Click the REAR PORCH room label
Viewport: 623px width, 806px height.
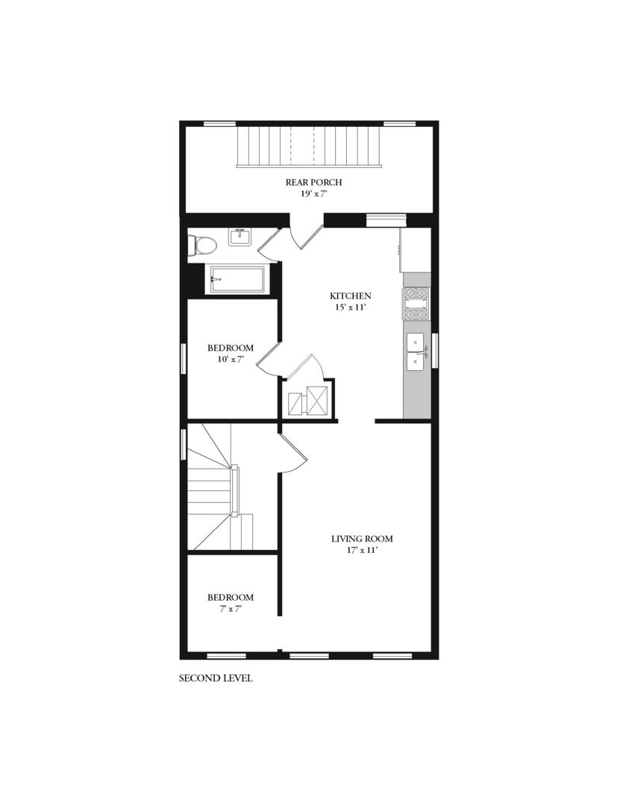tap(314, 182)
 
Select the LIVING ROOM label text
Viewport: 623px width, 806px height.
tap(362, 539)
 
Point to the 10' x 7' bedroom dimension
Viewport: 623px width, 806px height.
tap(230, 359)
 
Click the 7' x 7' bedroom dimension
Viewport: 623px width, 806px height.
tap(230, 609)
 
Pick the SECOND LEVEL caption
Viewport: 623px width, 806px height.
tap(216, 678)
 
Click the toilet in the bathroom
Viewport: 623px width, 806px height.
tap(202, 245)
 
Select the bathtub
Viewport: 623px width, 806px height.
tap(237, 279)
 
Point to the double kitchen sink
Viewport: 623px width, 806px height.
tap(415, 352)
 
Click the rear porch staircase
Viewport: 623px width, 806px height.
tap(309, 146)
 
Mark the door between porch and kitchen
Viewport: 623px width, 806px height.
tap(307, 234)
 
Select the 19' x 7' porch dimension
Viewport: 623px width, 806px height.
tap(314, 193)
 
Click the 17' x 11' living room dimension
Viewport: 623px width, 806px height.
tap(362, 550)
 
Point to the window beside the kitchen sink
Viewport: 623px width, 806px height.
tap(435, 351)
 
